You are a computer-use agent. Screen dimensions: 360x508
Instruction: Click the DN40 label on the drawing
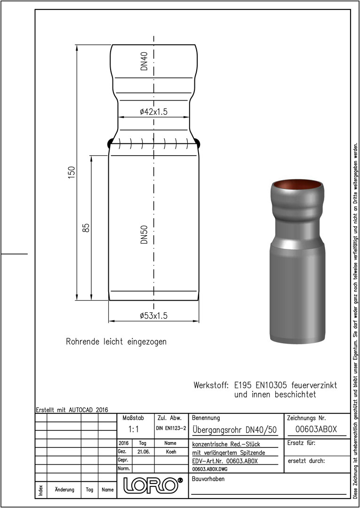[x=144, y=61]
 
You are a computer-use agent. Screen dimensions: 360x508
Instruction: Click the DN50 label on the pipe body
[x=144, y=235]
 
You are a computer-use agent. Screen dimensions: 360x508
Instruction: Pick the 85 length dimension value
[x=86, y=228]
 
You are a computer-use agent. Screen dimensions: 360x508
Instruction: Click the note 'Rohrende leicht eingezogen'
[x=116, y=342]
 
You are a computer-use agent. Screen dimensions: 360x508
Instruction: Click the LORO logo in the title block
[x=152, y=484]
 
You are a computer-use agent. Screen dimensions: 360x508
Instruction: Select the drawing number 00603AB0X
[x=316, y=429]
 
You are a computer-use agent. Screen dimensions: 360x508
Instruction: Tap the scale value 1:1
[x=134, y=429]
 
